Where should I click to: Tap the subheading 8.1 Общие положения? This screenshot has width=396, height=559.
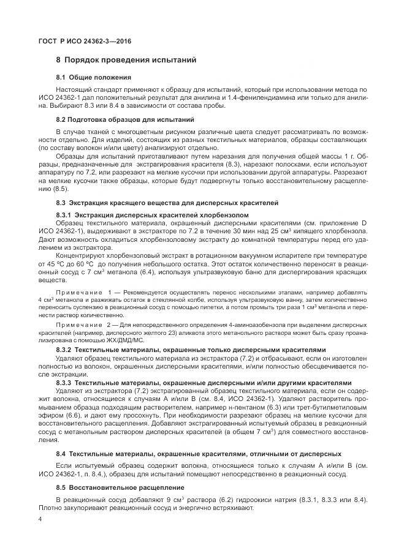click(x=93, y=77)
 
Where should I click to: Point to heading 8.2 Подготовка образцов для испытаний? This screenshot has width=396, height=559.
click(x=124, y=119)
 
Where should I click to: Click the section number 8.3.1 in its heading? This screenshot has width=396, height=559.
click(x=63, y=215)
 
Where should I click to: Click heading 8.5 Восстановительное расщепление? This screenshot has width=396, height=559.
click(x=120, y=488)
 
